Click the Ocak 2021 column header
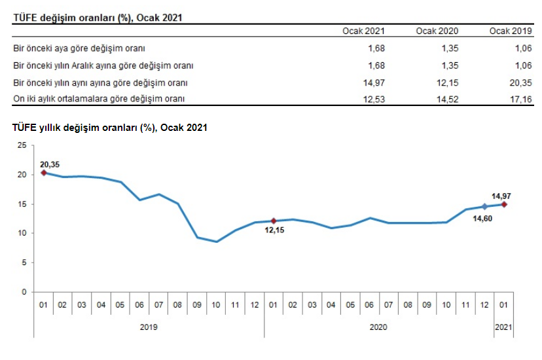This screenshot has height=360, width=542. coord(363,31)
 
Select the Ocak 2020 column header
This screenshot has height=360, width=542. coord(437,31)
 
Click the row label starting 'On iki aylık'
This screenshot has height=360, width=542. coord(99,98)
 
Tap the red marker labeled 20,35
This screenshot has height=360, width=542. coord(43,173)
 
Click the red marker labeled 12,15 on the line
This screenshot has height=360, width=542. coord(274,221)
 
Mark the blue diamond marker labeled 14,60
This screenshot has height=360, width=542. coord(484,206)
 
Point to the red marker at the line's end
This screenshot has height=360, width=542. coord(504,204)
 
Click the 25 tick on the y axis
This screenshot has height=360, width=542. coord(22,145)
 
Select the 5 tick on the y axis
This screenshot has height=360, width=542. coord(24,262)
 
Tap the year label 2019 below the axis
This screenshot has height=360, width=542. coord(149,326)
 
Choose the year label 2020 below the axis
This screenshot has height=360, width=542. coord(378,326)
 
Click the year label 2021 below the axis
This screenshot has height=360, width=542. coord(504,326)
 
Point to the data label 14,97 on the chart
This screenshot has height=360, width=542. coord(501,195)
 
